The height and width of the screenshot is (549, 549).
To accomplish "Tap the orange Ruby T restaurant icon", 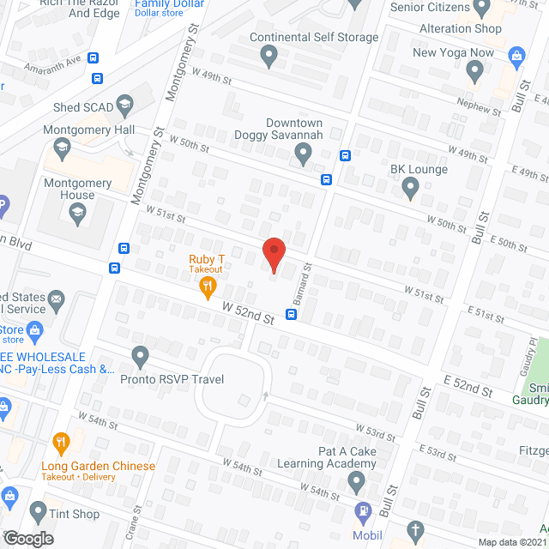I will [x=207, y=287].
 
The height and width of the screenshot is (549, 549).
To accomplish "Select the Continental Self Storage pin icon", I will [x=269, y=57].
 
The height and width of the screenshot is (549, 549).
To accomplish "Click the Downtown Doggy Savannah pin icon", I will [x=302, y=154].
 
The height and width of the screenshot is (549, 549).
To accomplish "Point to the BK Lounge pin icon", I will [x=410, y=188].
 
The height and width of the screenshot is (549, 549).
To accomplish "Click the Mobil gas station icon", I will [x=362, y=511].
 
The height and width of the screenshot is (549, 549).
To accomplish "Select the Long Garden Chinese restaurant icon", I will [x=60, y=444].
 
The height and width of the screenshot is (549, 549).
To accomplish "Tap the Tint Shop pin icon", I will [x=38, y=513].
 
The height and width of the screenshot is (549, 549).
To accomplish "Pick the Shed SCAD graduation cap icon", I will [x=124, y=106].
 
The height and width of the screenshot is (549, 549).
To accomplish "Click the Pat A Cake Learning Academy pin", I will [x=358, y=485].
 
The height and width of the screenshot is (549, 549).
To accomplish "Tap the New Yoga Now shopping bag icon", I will [x=516, y=57].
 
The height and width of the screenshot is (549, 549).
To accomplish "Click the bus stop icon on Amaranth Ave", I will [x=94, y=59].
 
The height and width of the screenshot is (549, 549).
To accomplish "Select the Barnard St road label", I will [x=309, y=285].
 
